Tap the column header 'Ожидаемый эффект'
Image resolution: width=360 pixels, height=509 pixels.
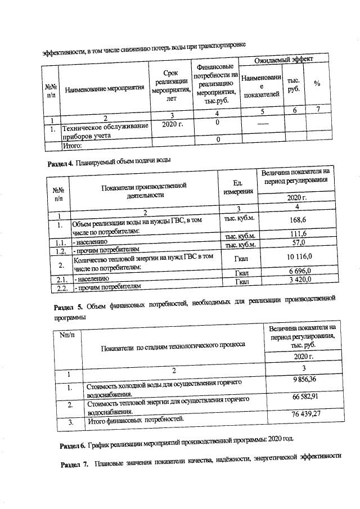coord(283,59)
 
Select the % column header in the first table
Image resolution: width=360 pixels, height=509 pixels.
coord(317,84)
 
